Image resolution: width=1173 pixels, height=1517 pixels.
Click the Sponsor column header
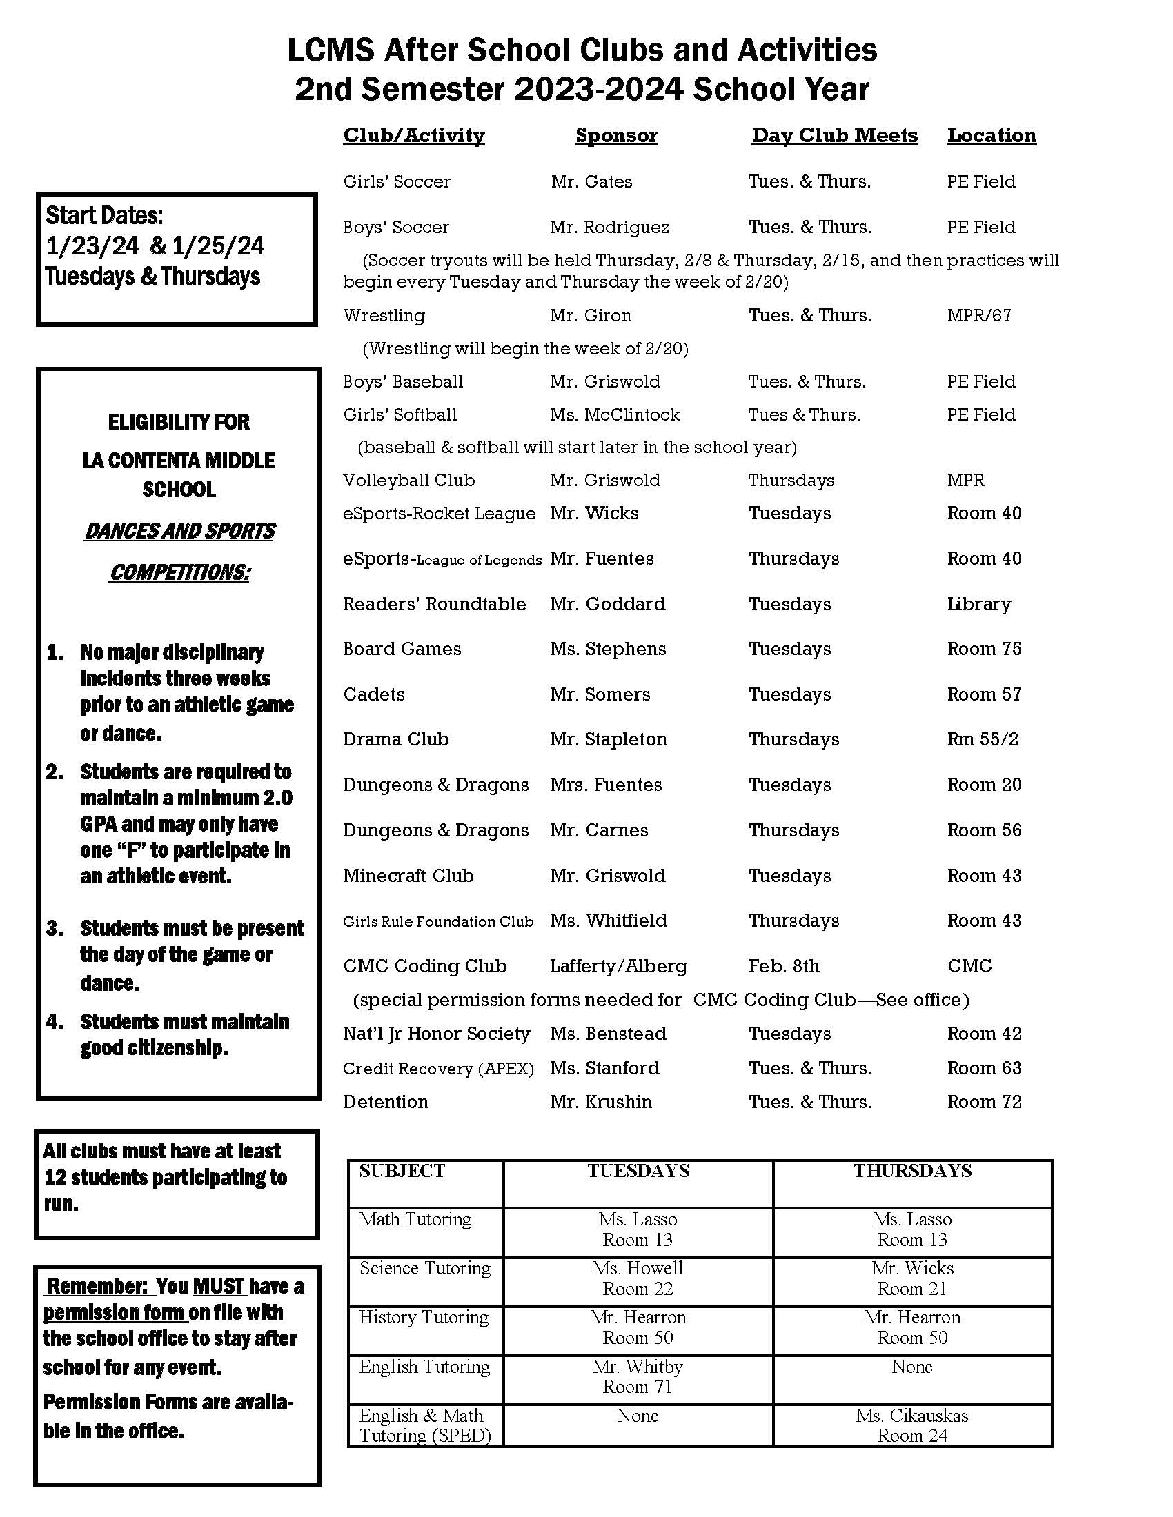[616, 135]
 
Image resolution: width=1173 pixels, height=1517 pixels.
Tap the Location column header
[991, 135]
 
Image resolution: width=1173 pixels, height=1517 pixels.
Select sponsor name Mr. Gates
[591, 182]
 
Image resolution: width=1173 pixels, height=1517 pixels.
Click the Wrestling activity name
[384, 315]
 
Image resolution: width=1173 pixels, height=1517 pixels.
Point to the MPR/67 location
[978, 315]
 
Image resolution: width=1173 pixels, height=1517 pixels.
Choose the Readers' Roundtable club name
[434, 604]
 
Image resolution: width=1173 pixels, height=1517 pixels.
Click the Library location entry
[978, 604]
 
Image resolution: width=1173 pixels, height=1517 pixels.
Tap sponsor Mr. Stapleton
[608, 739]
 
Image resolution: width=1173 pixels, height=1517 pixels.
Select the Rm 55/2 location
[982, 739]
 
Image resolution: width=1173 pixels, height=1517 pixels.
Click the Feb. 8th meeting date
[784, 966]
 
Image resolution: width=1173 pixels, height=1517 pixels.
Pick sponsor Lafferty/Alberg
[618, 966]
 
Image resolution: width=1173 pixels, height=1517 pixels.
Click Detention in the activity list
[386, 1103]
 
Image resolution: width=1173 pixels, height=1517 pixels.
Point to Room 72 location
[984, 1103]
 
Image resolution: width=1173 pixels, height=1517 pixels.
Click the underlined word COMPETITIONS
[180, 572]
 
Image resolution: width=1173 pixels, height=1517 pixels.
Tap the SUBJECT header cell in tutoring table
[402, 1171]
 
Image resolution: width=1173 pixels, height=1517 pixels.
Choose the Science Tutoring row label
[424, 1268]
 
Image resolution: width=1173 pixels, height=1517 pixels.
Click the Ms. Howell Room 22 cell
[638, 1278]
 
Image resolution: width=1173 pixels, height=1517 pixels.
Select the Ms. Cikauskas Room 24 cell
[911, 1425]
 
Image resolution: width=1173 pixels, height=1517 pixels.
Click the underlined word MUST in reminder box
[219, 1287]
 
